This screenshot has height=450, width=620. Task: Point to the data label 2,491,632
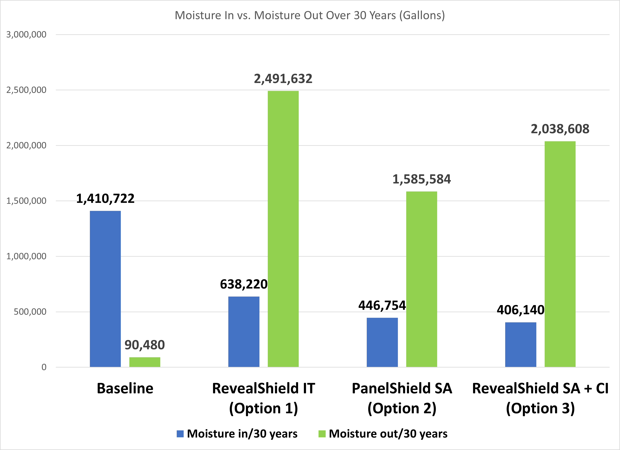click(283, 79)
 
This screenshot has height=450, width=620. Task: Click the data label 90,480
click(145, 345)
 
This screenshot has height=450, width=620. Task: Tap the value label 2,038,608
click(560, 129)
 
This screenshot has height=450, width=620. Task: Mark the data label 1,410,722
click(105, 199)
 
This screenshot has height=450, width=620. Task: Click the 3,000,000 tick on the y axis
click(26, 35)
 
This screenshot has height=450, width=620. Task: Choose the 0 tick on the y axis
click(44, 367)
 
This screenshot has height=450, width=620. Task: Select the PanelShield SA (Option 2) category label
click(402, 398)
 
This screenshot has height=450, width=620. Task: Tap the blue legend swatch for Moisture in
click(180, 434)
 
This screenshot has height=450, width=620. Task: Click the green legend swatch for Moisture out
click(322, 434)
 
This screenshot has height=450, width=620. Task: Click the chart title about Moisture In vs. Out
click(310, 15)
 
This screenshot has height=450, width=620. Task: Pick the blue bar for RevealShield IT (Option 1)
click(244, 332)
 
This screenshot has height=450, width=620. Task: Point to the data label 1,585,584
click(421, 179)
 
